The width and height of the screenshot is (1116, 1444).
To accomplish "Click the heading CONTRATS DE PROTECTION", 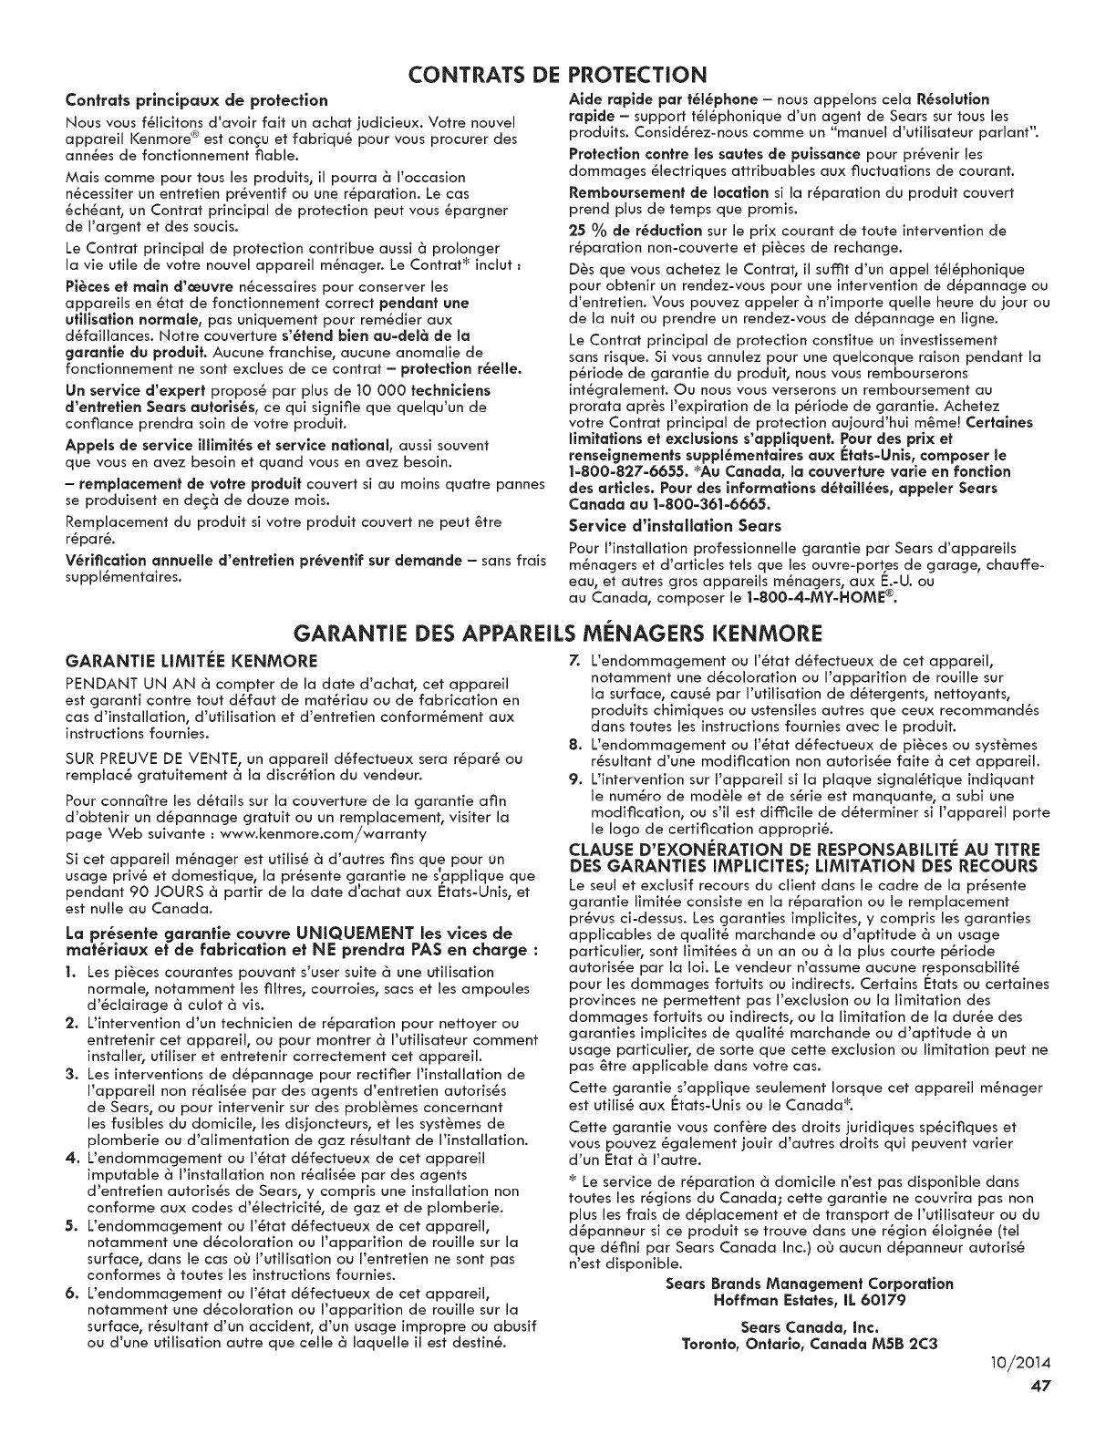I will coord(557,73).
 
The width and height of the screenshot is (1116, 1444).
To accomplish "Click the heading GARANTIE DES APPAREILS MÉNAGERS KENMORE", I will coord(557,633).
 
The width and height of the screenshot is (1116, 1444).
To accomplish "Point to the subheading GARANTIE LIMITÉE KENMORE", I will coord(171,660).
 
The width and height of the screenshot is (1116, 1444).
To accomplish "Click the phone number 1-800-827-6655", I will coord(619,471).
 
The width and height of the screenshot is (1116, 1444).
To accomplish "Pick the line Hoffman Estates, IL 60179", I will coord(808,1299).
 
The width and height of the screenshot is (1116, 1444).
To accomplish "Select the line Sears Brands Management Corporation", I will coord(809,1284).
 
